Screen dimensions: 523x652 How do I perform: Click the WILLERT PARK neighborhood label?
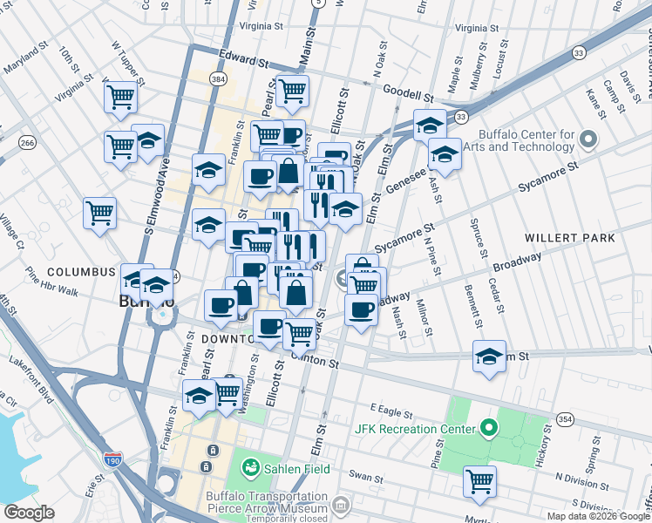click(x=570, y=237)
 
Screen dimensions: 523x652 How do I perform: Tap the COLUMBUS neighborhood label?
click(x=81, y=272)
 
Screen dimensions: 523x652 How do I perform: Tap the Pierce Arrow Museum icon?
click(x=340, y=505)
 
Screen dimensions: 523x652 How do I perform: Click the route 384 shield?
click(x=218, y=79)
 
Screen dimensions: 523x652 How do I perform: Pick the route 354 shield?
click(x=566, y=420)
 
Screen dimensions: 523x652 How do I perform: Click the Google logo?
click(x=29, y=512)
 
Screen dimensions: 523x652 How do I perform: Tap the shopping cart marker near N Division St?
click(x=479, y=480)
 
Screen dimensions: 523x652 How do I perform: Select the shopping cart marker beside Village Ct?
click(x=100, y=210)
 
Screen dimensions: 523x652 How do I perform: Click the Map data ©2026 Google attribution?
click(x=598, y=516)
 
